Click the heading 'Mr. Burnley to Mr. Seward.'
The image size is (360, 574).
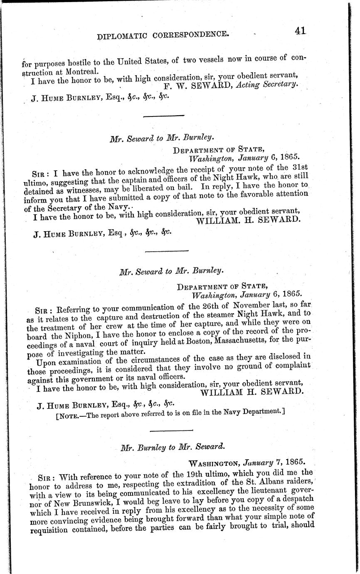172,448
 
